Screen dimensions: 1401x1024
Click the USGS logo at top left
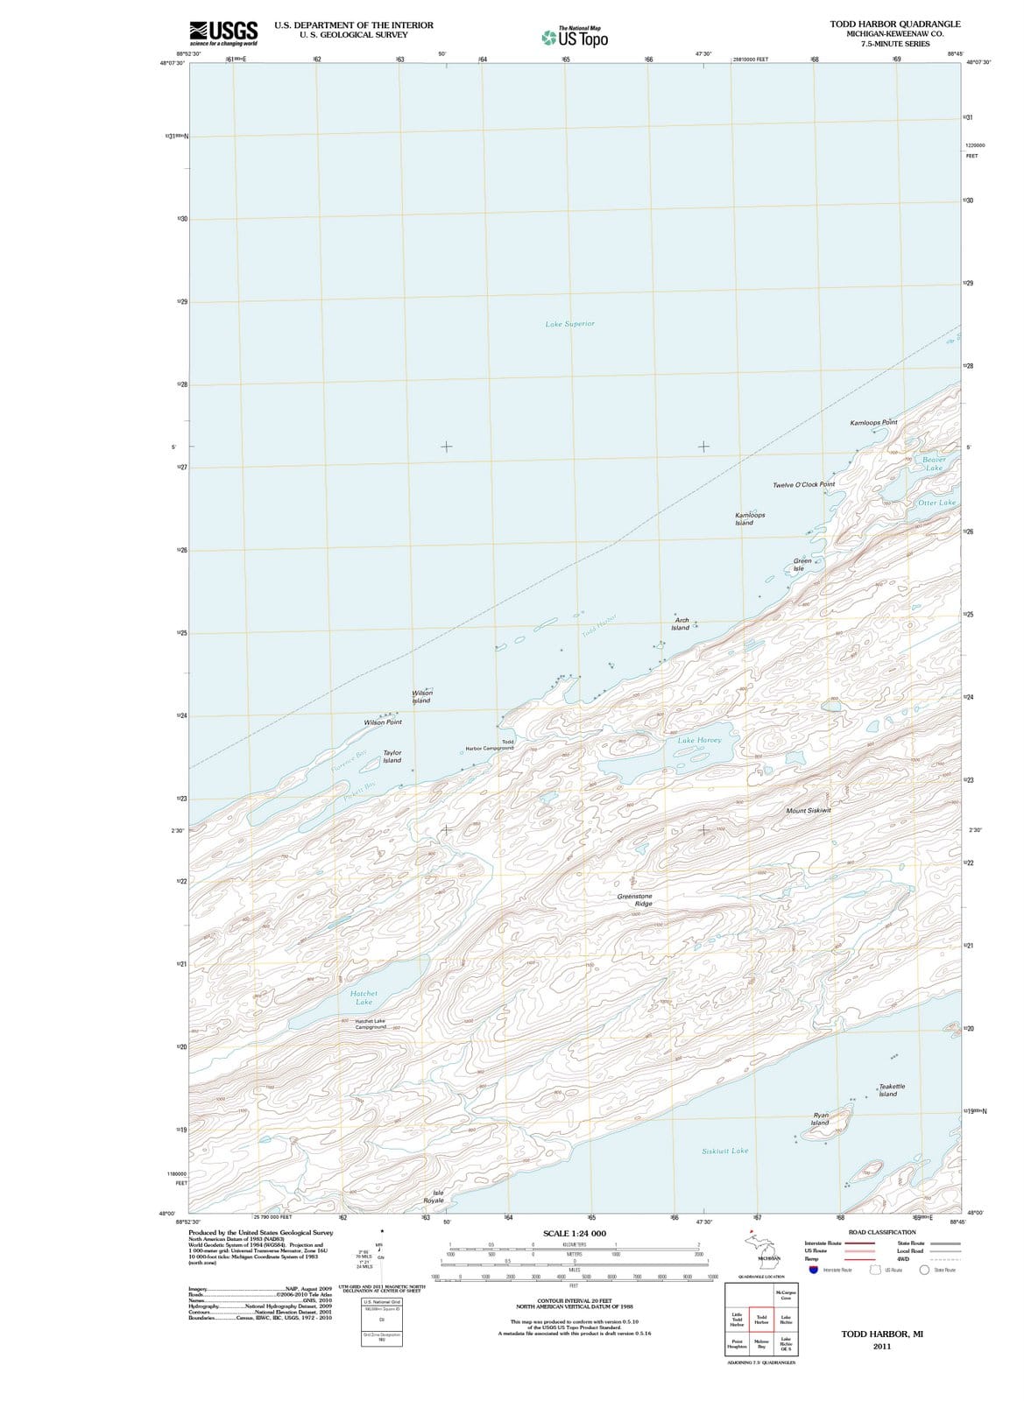(223, 33)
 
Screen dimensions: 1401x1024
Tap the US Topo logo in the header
(575, 38)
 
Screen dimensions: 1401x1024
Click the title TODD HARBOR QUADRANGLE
(895, 24)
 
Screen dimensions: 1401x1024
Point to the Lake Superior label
(569, 324)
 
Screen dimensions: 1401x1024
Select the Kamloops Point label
(873, 423)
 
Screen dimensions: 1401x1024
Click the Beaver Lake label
(934, 463)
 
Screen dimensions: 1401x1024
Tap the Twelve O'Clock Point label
(803, 484)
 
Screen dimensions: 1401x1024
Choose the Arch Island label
(681, 623)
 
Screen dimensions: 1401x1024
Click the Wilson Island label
(421, 697)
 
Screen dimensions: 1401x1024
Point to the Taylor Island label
(392, 757)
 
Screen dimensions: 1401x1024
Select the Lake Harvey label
(699, 740)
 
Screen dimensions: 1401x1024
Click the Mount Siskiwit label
(809, 811)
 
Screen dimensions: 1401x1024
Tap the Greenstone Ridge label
(635, 899)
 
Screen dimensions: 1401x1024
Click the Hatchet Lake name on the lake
(364, 997)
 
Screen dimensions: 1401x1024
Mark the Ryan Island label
(820, 1119)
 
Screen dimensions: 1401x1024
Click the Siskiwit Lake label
(725, 1151)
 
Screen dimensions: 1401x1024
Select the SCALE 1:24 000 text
(574, 1233)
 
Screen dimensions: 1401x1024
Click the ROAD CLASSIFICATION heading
(882, 1232)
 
